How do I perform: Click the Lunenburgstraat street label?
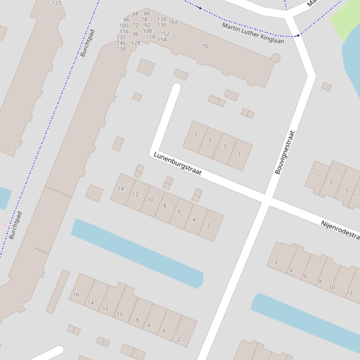(x=177, y=164)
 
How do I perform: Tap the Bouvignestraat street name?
(x=285, y=152)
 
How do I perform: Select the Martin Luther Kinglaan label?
(x=253, y=33)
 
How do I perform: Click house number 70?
(x=205, y=46)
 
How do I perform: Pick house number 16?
(x=76, y=295)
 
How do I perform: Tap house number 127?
(x=57, y=3)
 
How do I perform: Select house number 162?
(x=173, y=22)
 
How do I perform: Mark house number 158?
(x=121, y=49)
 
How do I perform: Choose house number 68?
(x=135, y=14)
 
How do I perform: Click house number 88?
(x=147, y=14)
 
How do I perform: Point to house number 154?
(x=162, y=39)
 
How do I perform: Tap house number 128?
(x=136, y=43)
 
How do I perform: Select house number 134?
(x=162, y=20)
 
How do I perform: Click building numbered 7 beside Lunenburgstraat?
(x=195, y=135)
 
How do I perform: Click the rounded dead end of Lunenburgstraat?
(x=176, y=87)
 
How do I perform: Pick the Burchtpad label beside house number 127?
(x=88, y=43)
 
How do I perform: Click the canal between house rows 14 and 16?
(x=137, y=253)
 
